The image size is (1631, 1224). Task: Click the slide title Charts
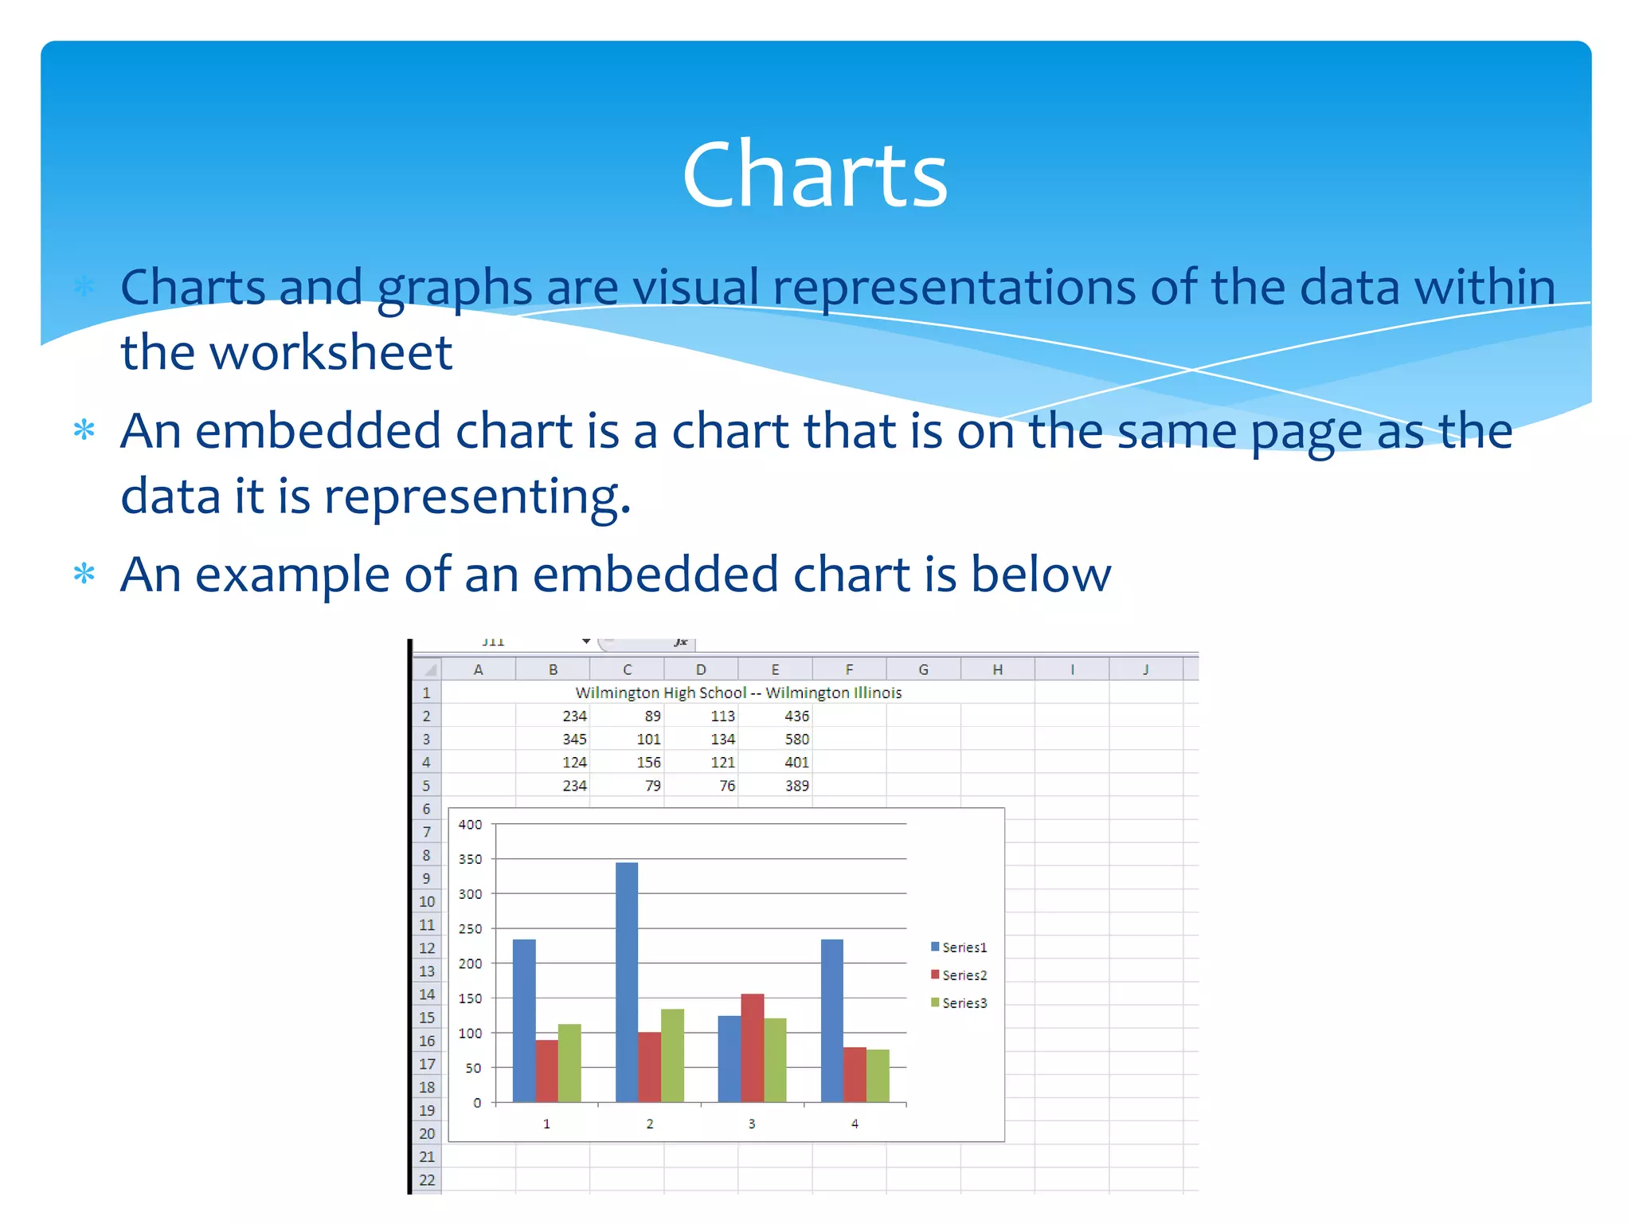point(815,175)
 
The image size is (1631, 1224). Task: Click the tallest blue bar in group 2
point(626,982)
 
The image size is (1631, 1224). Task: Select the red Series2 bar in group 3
point(752,1048)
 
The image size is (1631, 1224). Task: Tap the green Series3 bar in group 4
point(878,1076)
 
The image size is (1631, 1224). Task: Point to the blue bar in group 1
point(524,1021)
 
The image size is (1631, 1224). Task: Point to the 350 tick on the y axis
point(470,859)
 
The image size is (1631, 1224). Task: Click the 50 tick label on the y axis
point(473,1068)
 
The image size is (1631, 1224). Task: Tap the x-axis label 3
point(752,1124)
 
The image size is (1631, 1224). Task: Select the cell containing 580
point(796,739)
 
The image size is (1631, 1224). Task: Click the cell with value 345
point(574,739)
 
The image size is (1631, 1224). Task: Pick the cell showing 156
point(648,763)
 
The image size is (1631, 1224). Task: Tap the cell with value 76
point(727,786)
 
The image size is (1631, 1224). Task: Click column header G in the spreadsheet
point(923,669)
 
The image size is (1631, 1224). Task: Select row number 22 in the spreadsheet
point(427,1180)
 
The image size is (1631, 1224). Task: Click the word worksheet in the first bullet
point(331,352)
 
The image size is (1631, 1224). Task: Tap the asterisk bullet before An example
point(84,574)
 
